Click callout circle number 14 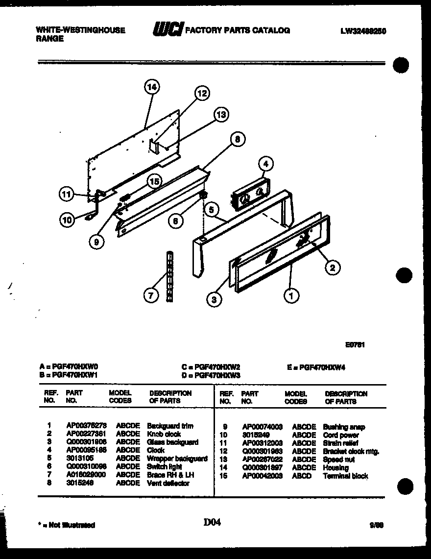[x=152, y=87]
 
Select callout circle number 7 [x=151, y=295]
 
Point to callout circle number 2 [x=333, y=267]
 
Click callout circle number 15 [x=154, y=182]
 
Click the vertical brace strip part [x=169, y=277]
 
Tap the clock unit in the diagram [x=250, y=194]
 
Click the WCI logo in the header [x=167, y=30]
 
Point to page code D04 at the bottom [x=212, y=523]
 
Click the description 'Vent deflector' [x=168, y=484]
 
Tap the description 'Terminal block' [x=345, y=476]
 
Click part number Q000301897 [x=262, y=468]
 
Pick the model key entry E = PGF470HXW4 [x=316, y=367]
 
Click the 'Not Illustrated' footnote [x=67, y=525]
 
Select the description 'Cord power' [x=341, y=435]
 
